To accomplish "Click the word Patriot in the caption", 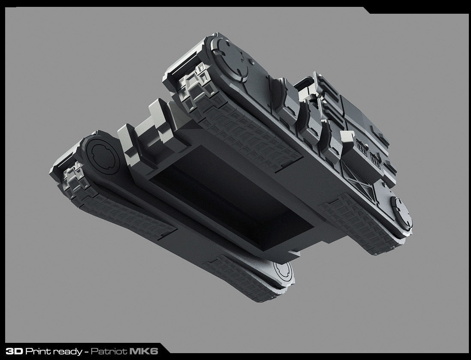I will pos(109,351).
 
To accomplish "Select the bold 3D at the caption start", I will pos(14,351).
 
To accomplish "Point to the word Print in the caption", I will pos(38,351).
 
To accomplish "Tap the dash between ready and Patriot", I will pos(86,352).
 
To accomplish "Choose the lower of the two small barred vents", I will pos(376,161).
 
